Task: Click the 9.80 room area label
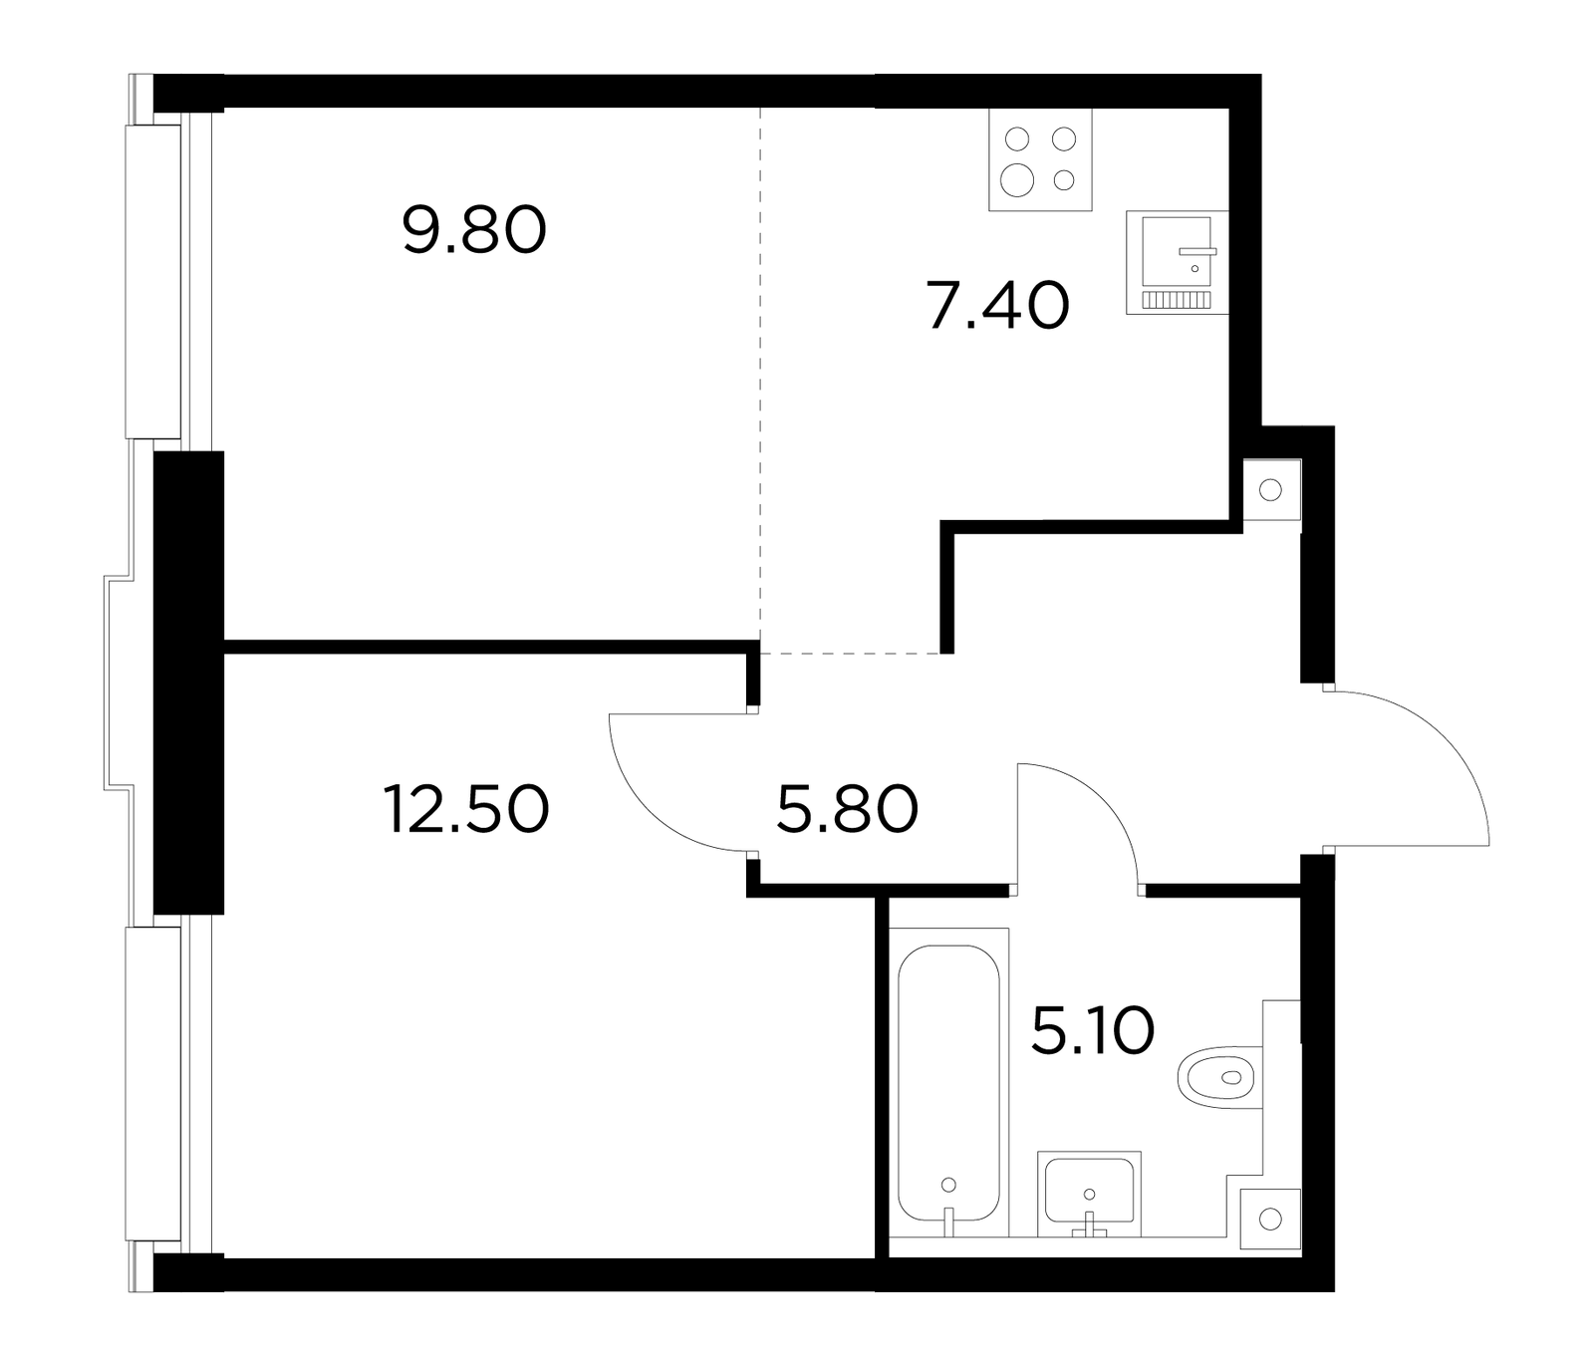475,230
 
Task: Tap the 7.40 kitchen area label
997,305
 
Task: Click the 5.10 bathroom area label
1093,1030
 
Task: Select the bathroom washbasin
1089,1193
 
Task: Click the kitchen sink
1178,262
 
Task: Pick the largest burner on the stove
1018,179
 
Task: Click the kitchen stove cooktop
1040,158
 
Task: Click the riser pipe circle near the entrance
1270,489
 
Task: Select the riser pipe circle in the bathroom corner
1269,1219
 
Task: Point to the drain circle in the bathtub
948,1185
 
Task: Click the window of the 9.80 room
154,281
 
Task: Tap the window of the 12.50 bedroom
154,1084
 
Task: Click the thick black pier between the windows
189,682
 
